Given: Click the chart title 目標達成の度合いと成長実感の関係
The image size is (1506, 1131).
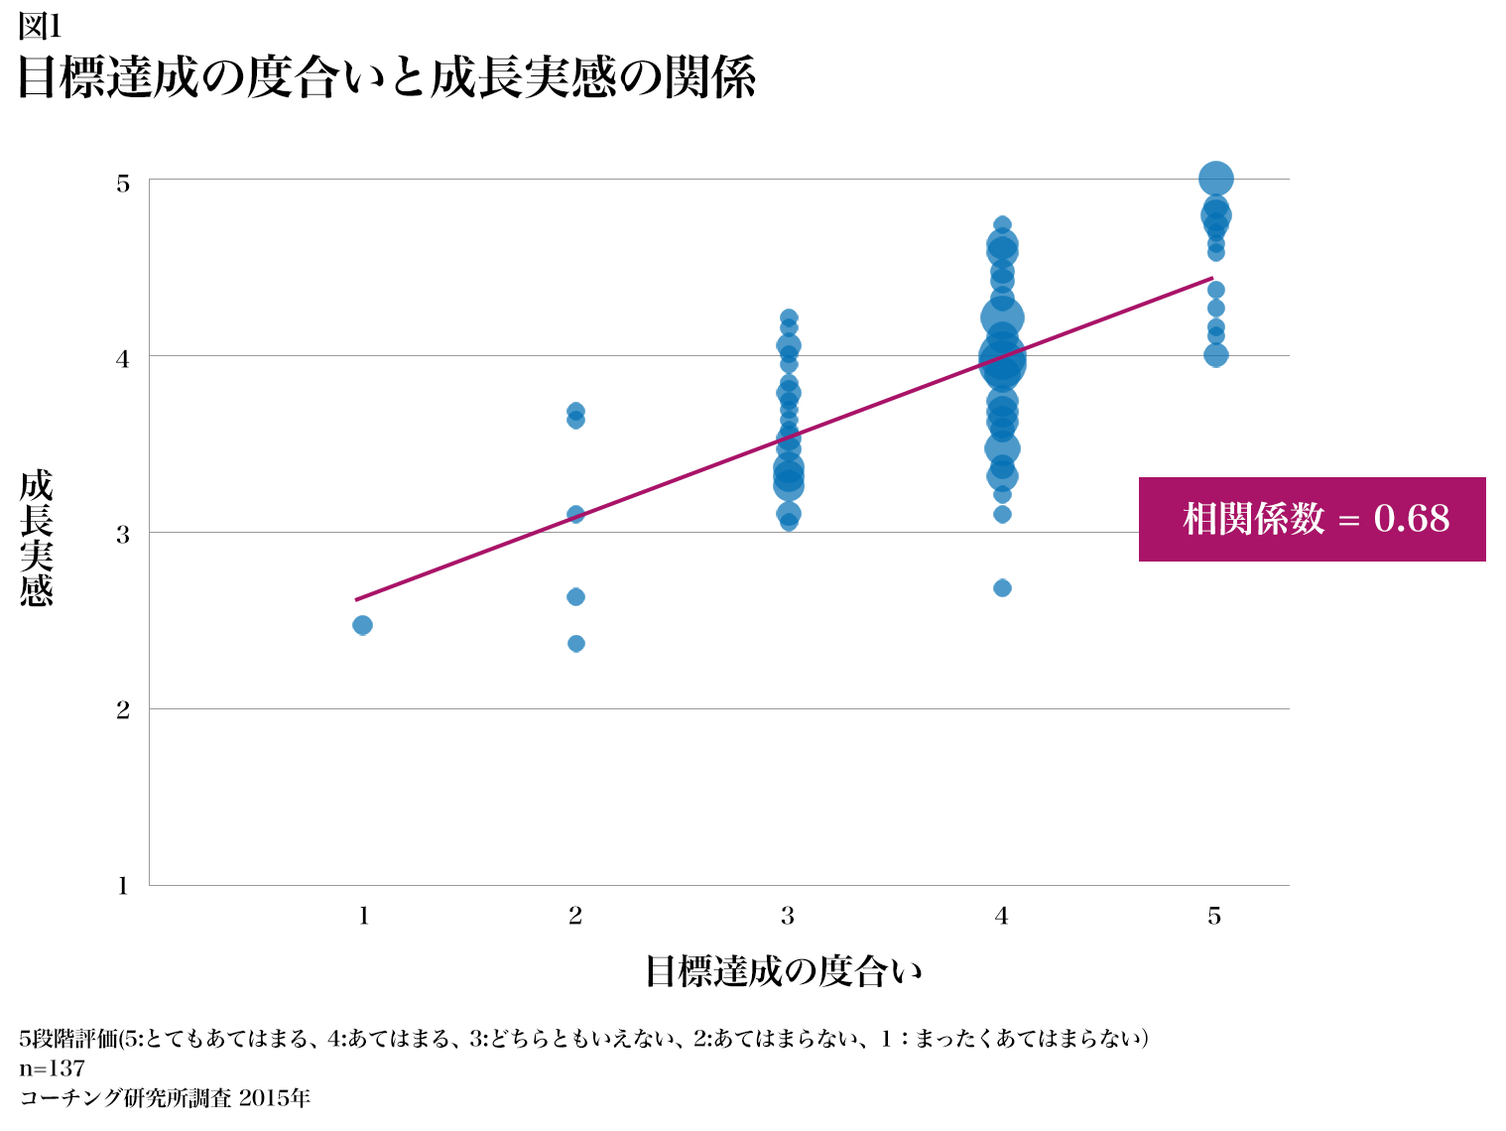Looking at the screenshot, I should pyautogui.click(x=387, y=77).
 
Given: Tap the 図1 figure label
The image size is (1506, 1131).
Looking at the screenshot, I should pyautogui.click(x=40, y=27).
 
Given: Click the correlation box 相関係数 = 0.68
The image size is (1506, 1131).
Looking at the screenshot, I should pyautogui.click(x=1312, y=519).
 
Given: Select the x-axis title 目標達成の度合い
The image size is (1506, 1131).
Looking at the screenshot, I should pyautogui.click(x=784, y=971).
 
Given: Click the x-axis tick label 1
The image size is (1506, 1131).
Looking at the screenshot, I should pyautogui.click(x=364, y=916).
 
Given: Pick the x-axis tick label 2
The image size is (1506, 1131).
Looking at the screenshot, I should pyautogui.click(x=575, y=916).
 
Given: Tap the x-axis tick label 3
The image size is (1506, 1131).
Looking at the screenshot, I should pyautogui.click(x=788, y=916).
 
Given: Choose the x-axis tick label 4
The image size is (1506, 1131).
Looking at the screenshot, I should pyautogui.click(x=1002, y=916).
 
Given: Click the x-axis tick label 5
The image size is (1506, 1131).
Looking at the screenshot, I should pyautogui.click(x=1214, y=916).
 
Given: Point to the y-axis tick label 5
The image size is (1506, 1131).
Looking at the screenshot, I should pyautogui.click(x=123, y=184).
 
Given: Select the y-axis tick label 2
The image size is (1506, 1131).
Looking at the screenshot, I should pyautogui.click(x=123, y=710).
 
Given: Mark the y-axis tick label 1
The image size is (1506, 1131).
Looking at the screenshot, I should pyautogui.click(x=123, y=886).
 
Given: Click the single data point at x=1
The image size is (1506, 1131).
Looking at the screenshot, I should pyautogui.click(x=363, y=625).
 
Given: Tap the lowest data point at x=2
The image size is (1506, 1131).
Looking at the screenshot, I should pyautogui.click(x=576, y=644).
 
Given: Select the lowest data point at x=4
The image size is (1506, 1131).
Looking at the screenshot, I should pyautogui.click(x=1002, y=588).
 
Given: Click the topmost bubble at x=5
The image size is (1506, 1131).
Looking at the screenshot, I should pyautogui.click(x=1215, y=180).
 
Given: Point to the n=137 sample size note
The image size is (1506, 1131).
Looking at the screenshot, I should pyautogui.click(x=52, y=1068).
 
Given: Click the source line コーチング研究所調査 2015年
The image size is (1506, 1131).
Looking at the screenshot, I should pyautogui.click(x=165, y=1097).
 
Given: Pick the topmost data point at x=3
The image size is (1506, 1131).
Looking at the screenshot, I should pyautogui.click(x=789, y=318).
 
